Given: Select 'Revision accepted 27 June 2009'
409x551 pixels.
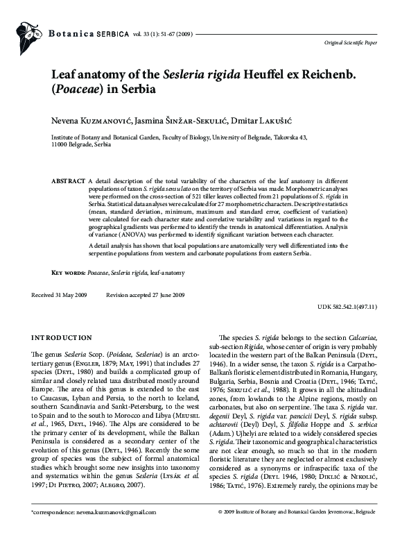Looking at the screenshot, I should (x=145, y=296).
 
